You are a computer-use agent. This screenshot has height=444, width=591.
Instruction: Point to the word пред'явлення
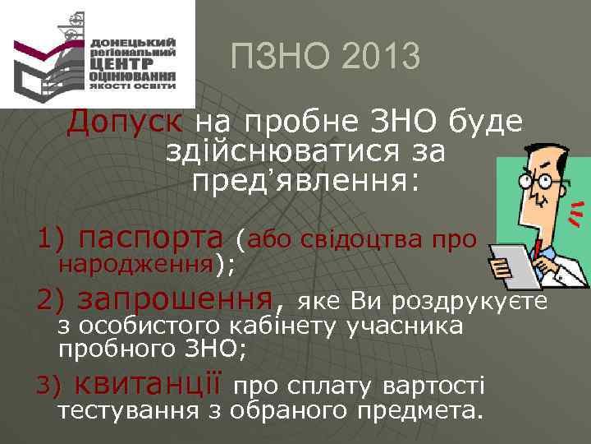click(305, 181)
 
